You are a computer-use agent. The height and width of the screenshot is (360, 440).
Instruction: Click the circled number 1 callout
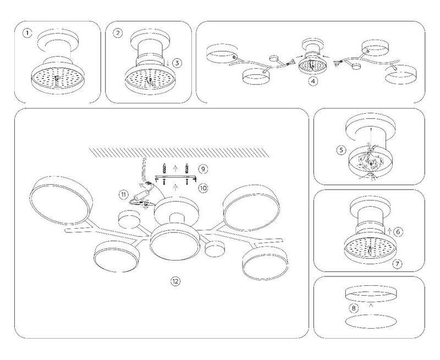[x=27, y=34]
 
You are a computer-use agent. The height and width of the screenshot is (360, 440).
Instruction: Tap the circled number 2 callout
[x=118, y=33]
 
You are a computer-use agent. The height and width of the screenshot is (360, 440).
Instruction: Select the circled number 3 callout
[x=177, y=63]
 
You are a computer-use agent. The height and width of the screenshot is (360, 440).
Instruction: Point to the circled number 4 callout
[x=313, y=81]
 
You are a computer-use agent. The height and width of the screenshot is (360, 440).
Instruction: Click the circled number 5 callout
[x=341, y=150]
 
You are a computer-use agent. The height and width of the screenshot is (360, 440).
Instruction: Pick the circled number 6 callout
[x=398, y=232]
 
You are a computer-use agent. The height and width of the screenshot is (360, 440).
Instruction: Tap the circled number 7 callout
[x=397, y=264]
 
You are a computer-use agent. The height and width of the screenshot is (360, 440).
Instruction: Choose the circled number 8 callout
[x=354, y=308]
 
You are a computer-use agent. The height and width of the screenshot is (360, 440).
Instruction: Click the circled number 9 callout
[x=203, y=169]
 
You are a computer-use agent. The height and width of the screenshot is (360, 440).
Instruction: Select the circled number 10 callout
[x=203, y=188]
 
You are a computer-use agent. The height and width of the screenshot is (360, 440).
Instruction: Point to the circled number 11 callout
[x=123, y=195]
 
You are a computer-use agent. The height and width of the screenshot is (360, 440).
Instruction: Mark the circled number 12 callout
[x=175, y=281]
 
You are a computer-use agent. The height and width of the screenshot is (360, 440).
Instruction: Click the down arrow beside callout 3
[x=168, y=63]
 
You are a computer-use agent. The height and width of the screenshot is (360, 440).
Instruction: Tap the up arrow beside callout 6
[x=389, y=231]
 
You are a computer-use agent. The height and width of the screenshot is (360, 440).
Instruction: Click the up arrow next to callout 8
[x=371, y=305]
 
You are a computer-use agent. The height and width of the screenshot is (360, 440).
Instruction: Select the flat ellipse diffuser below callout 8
[x=371, y=322]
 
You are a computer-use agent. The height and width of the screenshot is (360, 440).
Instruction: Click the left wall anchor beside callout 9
[x=164, y=169]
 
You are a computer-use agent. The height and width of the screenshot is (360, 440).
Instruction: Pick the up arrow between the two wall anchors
[x=175, y=169]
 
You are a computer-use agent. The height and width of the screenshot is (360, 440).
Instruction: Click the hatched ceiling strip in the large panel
[x=180, y=152]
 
